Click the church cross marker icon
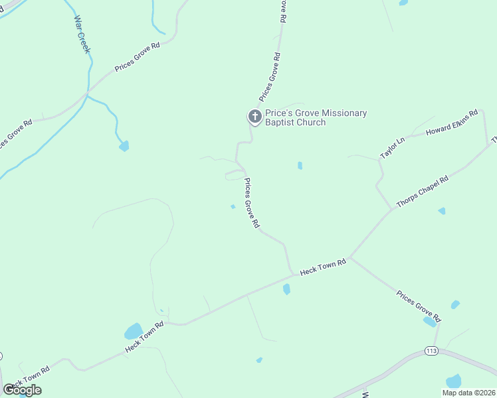pos(254,117)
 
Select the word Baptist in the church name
pos(282,123)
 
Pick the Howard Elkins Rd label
pos(452,124)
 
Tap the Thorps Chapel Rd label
pos(423,193)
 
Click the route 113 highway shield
pos(431,350)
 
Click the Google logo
pos(22,390)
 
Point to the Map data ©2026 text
pos(468,393)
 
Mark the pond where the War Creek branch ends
pos(124,145)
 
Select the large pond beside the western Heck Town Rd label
pos(134,331)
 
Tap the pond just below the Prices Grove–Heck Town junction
pos(286,289)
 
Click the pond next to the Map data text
pos(454,381)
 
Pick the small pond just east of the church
pos(300,165)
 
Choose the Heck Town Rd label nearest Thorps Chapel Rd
pos(323,267)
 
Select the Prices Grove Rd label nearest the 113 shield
pos(418,306)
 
